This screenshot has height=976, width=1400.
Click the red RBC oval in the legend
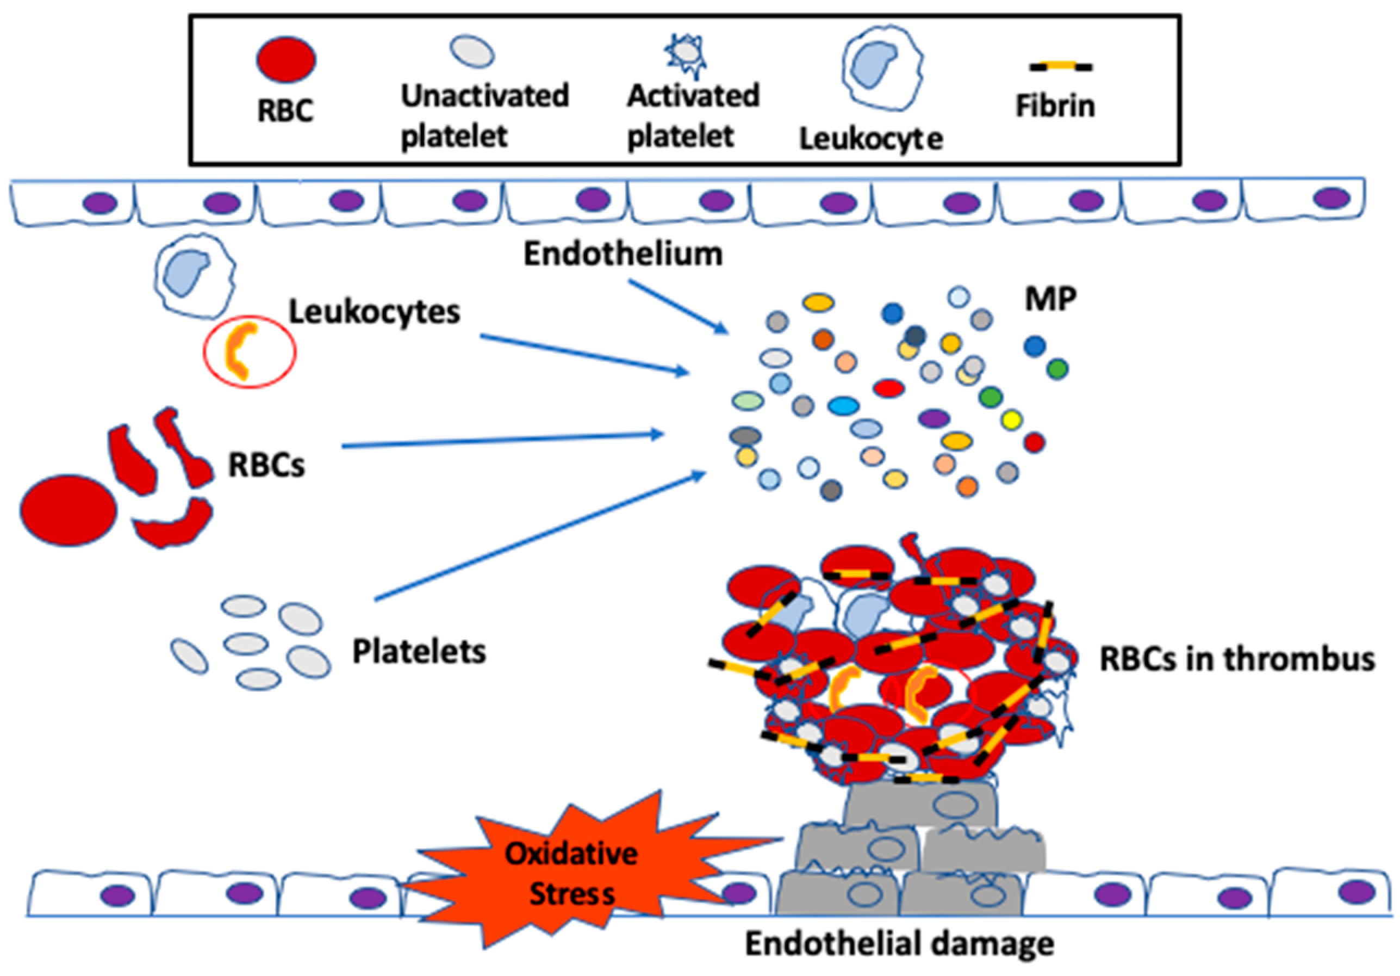tap(285, 59)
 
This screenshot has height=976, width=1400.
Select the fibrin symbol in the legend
tap(1061, 66)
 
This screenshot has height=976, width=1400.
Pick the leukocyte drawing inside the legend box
tap(882, 66)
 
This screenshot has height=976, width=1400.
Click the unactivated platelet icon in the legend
tap(472, 51)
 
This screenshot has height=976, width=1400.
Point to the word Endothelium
tap(623, 253)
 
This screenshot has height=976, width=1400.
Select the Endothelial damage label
tap(899, 944)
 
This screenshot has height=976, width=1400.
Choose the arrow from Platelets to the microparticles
tap(540, 535)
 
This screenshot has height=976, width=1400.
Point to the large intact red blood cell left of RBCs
tap(69, 510)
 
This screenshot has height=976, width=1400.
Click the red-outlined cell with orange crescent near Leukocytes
tap(250, 352)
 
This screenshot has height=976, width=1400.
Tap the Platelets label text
tap(420, 651)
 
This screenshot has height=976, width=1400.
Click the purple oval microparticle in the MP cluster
tap(934, 418)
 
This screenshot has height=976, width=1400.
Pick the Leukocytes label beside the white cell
tap(375, 312)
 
